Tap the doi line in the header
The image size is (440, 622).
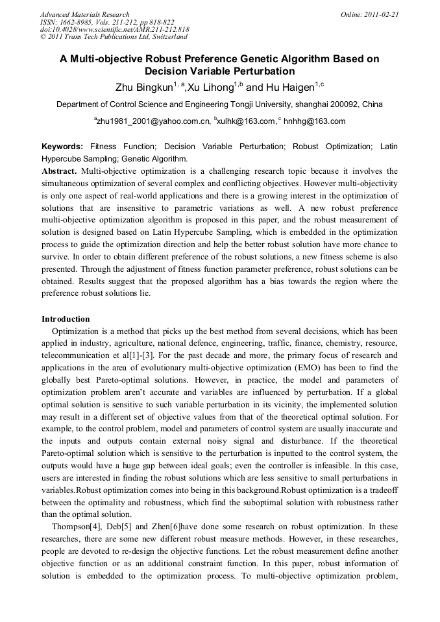point(115,30)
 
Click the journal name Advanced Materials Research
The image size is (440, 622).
point(84,14)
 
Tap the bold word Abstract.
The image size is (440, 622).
point(59,171)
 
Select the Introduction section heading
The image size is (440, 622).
point(66,319)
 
